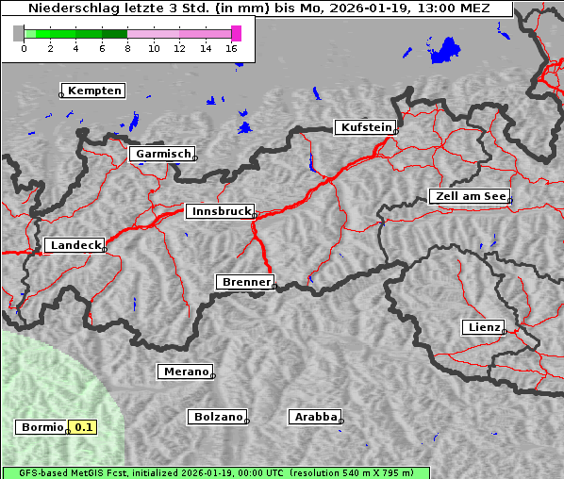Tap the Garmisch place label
click(x=163, y=154)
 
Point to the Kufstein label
click(x=366, y=127)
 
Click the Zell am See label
click(x=470, y=196)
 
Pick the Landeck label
click(x=75, y=245)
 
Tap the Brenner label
click(x=246, y=282)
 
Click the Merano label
click(x=185, y=372)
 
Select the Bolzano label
click(x=218, y=416)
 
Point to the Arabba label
click(x=315, y=416)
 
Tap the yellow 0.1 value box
click(x=84, y=427)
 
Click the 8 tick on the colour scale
click(x=127, y=48)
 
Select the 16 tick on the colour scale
click(x=232, y=48)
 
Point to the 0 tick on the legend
click(x=24, y=48)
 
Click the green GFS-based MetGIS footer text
click(x=215, y=472)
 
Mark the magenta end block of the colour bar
click(x=236, y=33)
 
